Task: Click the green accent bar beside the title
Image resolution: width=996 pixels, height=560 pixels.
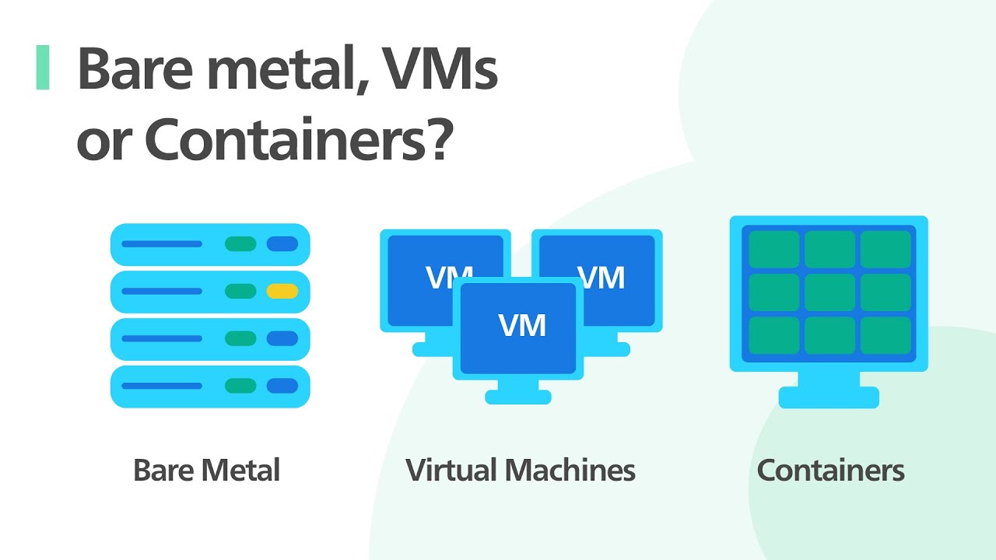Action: (x=43, y=68)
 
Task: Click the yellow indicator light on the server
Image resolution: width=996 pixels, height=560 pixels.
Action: (x=282, y=292)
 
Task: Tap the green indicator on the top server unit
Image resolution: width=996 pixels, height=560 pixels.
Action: (x=240, y=244)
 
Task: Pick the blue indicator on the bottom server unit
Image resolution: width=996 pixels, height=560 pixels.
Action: (x=282, y=386)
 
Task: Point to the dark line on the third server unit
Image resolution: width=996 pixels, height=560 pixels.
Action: (x=162, y=338)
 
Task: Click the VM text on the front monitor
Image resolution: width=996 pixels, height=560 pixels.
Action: (x=522, y=325)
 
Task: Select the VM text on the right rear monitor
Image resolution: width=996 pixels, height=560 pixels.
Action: (x=601, y=278)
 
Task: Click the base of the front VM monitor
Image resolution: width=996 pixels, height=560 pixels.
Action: (x=518, y=397)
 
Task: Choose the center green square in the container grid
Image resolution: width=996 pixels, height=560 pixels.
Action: (x=829, y=292)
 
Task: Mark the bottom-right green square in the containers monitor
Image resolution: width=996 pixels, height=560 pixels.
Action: (x=886, y=335)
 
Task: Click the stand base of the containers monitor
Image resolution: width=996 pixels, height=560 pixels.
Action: (x=829, y=397)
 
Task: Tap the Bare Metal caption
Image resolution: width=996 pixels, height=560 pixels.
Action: (x=206, y=471)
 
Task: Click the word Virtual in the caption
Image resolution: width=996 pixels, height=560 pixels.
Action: (x=451, y=471)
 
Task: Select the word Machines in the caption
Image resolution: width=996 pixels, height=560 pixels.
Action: (x=570, y=471)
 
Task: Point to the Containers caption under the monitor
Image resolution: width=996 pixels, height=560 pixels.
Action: (x=830, y=471)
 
